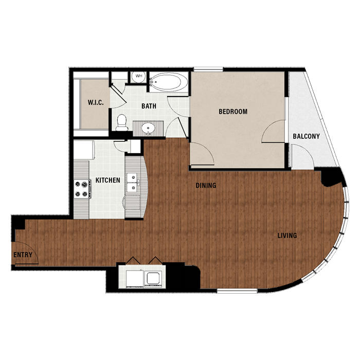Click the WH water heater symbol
139,77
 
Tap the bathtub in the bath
168,82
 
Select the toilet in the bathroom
122,123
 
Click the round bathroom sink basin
148,128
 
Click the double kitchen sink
133,183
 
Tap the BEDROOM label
233,112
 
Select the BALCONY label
306,136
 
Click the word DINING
206,185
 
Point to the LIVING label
287,236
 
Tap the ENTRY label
23,255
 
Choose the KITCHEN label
107,180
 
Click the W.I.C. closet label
96,102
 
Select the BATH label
149,106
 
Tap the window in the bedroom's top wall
208,69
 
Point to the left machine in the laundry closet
134,278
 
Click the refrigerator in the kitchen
84,150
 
